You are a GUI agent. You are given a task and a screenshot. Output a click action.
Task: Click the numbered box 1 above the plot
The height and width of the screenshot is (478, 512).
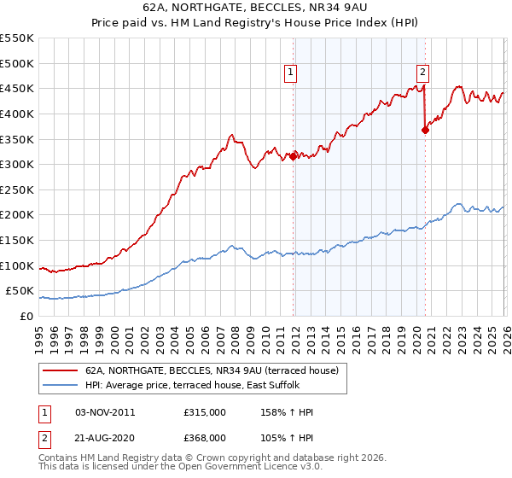click(x=291, y=73)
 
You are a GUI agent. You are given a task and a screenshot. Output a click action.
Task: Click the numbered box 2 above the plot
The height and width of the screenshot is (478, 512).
click(x=423, y=73)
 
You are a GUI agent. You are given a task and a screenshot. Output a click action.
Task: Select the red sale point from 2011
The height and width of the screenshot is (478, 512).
click(x=293, y=156)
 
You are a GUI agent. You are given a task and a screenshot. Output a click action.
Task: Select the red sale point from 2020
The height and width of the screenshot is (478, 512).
click(x=425, y=130)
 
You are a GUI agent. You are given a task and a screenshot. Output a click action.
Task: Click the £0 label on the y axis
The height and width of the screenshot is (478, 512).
click(x=26, y=316)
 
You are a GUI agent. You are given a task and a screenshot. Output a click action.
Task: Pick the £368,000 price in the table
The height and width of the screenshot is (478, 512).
click(x=205, y=437)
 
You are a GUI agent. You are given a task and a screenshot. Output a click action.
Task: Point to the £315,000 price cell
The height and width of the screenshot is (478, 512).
click(x=205, y=412)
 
